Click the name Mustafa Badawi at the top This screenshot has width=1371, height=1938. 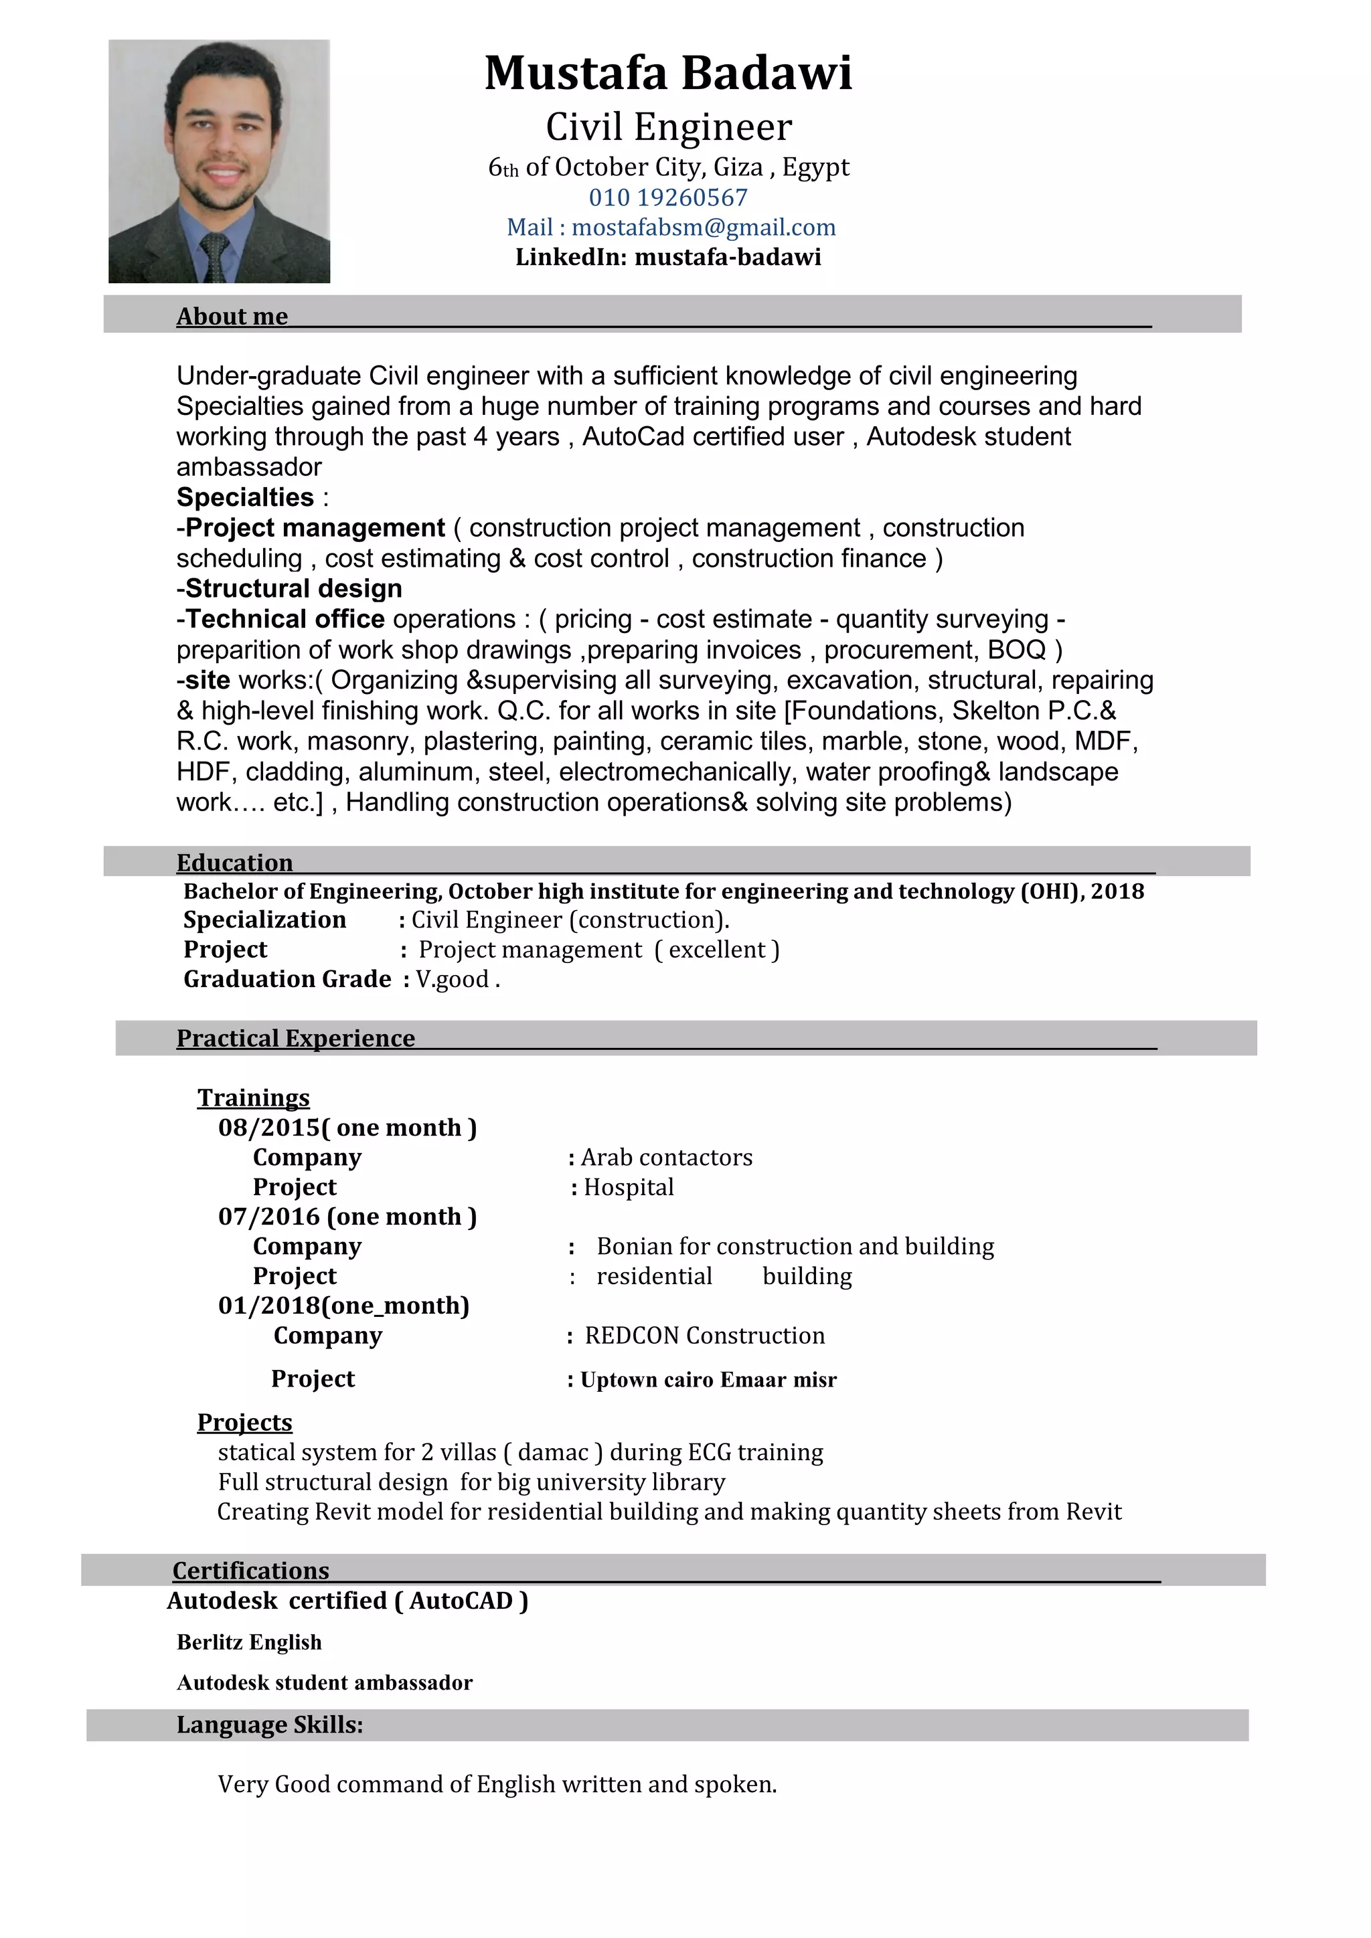click(668, 74)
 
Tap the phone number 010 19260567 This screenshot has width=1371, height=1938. click(668, 197)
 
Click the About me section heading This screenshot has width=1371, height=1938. click(232, 316)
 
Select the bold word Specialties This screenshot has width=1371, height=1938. click(245, 497)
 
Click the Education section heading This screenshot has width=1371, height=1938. click(235, 862)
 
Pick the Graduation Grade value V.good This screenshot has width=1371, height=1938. click(453, 979)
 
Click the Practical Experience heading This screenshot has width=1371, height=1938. click(295, 1037)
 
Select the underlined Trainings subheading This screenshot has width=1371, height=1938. click(253, 1097)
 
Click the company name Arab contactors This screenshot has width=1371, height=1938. click(666, 1157)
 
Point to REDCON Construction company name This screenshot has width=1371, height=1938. click(704, 1335)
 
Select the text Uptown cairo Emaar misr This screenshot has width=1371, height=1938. click(708, 1380)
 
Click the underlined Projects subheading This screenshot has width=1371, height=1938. click(245, 1422)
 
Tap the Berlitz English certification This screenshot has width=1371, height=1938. click(249, 1642)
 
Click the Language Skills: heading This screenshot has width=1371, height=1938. click(269, 1725)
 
